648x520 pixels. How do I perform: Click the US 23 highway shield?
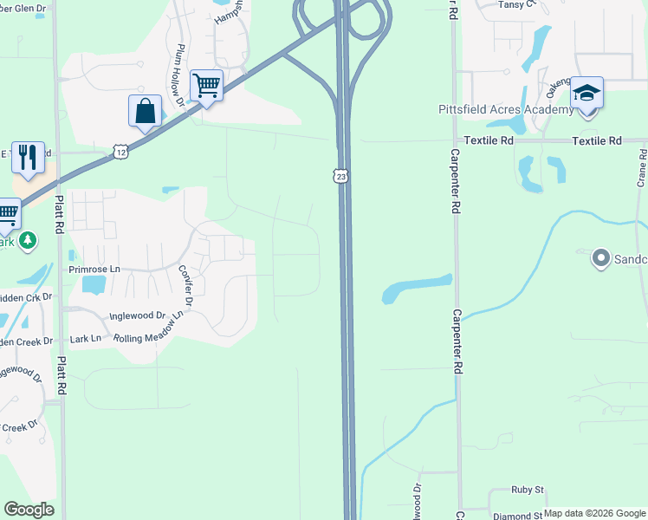[342, 176]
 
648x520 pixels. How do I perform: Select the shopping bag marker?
[145, 112]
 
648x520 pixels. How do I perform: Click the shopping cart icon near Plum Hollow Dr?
[206, 86]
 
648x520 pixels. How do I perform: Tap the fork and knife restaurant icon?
[28, 158]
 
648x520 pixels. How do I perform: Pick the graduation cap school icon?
[586, 92]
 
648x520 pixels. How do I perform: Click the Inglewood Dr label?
[137, 316]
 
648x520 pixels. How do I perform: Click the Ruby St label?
[527, 490]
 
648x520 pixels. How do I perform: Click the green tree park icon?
[28, 240]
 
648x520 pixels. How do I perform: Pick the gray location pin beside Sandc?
[599, 258]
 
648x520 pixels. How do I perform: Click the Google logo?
[29, 510]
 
